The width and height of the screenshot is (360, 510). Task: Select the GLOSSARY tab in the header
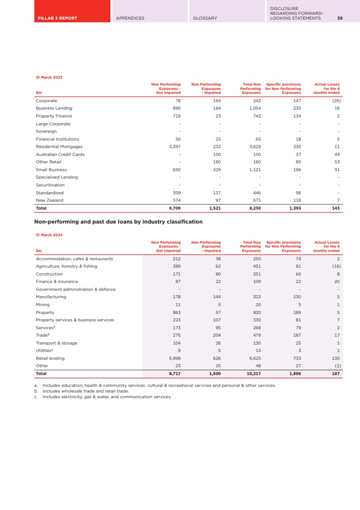pos(205,18)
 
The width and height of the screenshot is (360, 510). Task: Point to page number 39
pos(340,18)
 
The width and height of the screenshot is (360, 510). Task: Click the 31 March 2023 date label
pos(49,77)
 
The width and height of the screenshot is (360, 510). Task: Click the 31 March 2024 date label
pos(49,235)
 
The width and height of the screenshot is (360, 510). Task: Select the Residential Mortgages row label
pos(59,147)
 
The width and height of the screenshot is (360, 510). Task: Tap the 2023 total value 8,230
pos(255,208)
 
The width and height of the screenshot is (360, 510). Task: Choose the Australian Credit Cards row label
pos(60,154)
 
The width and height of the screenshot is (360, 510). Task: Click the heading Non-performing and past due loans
pos(118,222)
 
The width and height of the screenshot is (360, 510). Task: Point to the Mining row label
pos(43,305)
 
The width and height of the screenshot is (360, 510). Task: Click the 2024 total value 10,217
pos(254,374)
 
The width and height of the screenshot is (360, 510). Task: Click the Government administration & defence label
pos(75,289)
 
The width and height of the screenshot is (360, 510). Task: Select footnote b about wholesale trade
pos(83,391)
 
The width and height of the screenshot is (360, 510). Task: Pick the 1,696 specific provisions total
pos(295,374)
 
